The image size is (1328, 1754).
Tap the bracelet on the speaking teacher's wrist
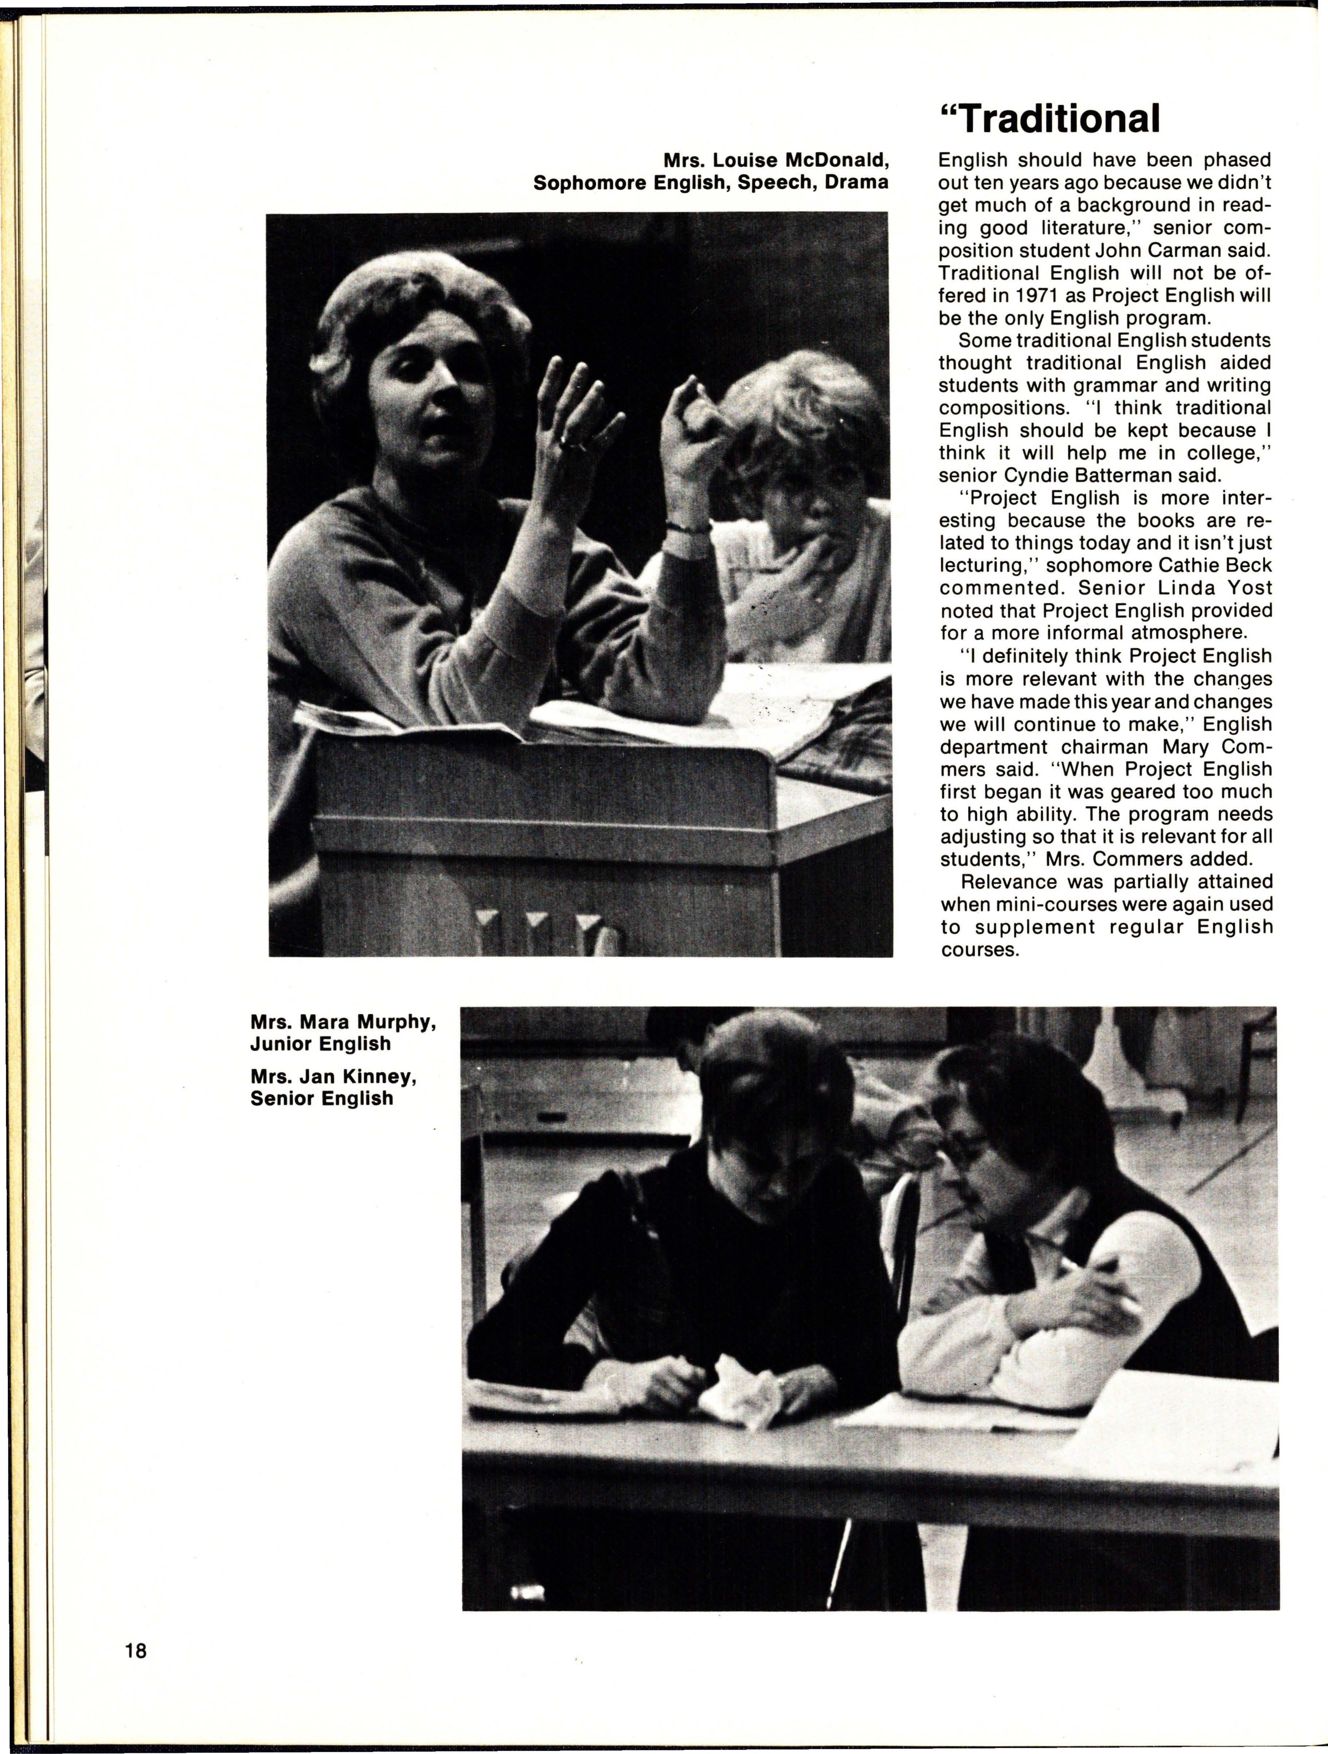[x=687, y=527]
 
